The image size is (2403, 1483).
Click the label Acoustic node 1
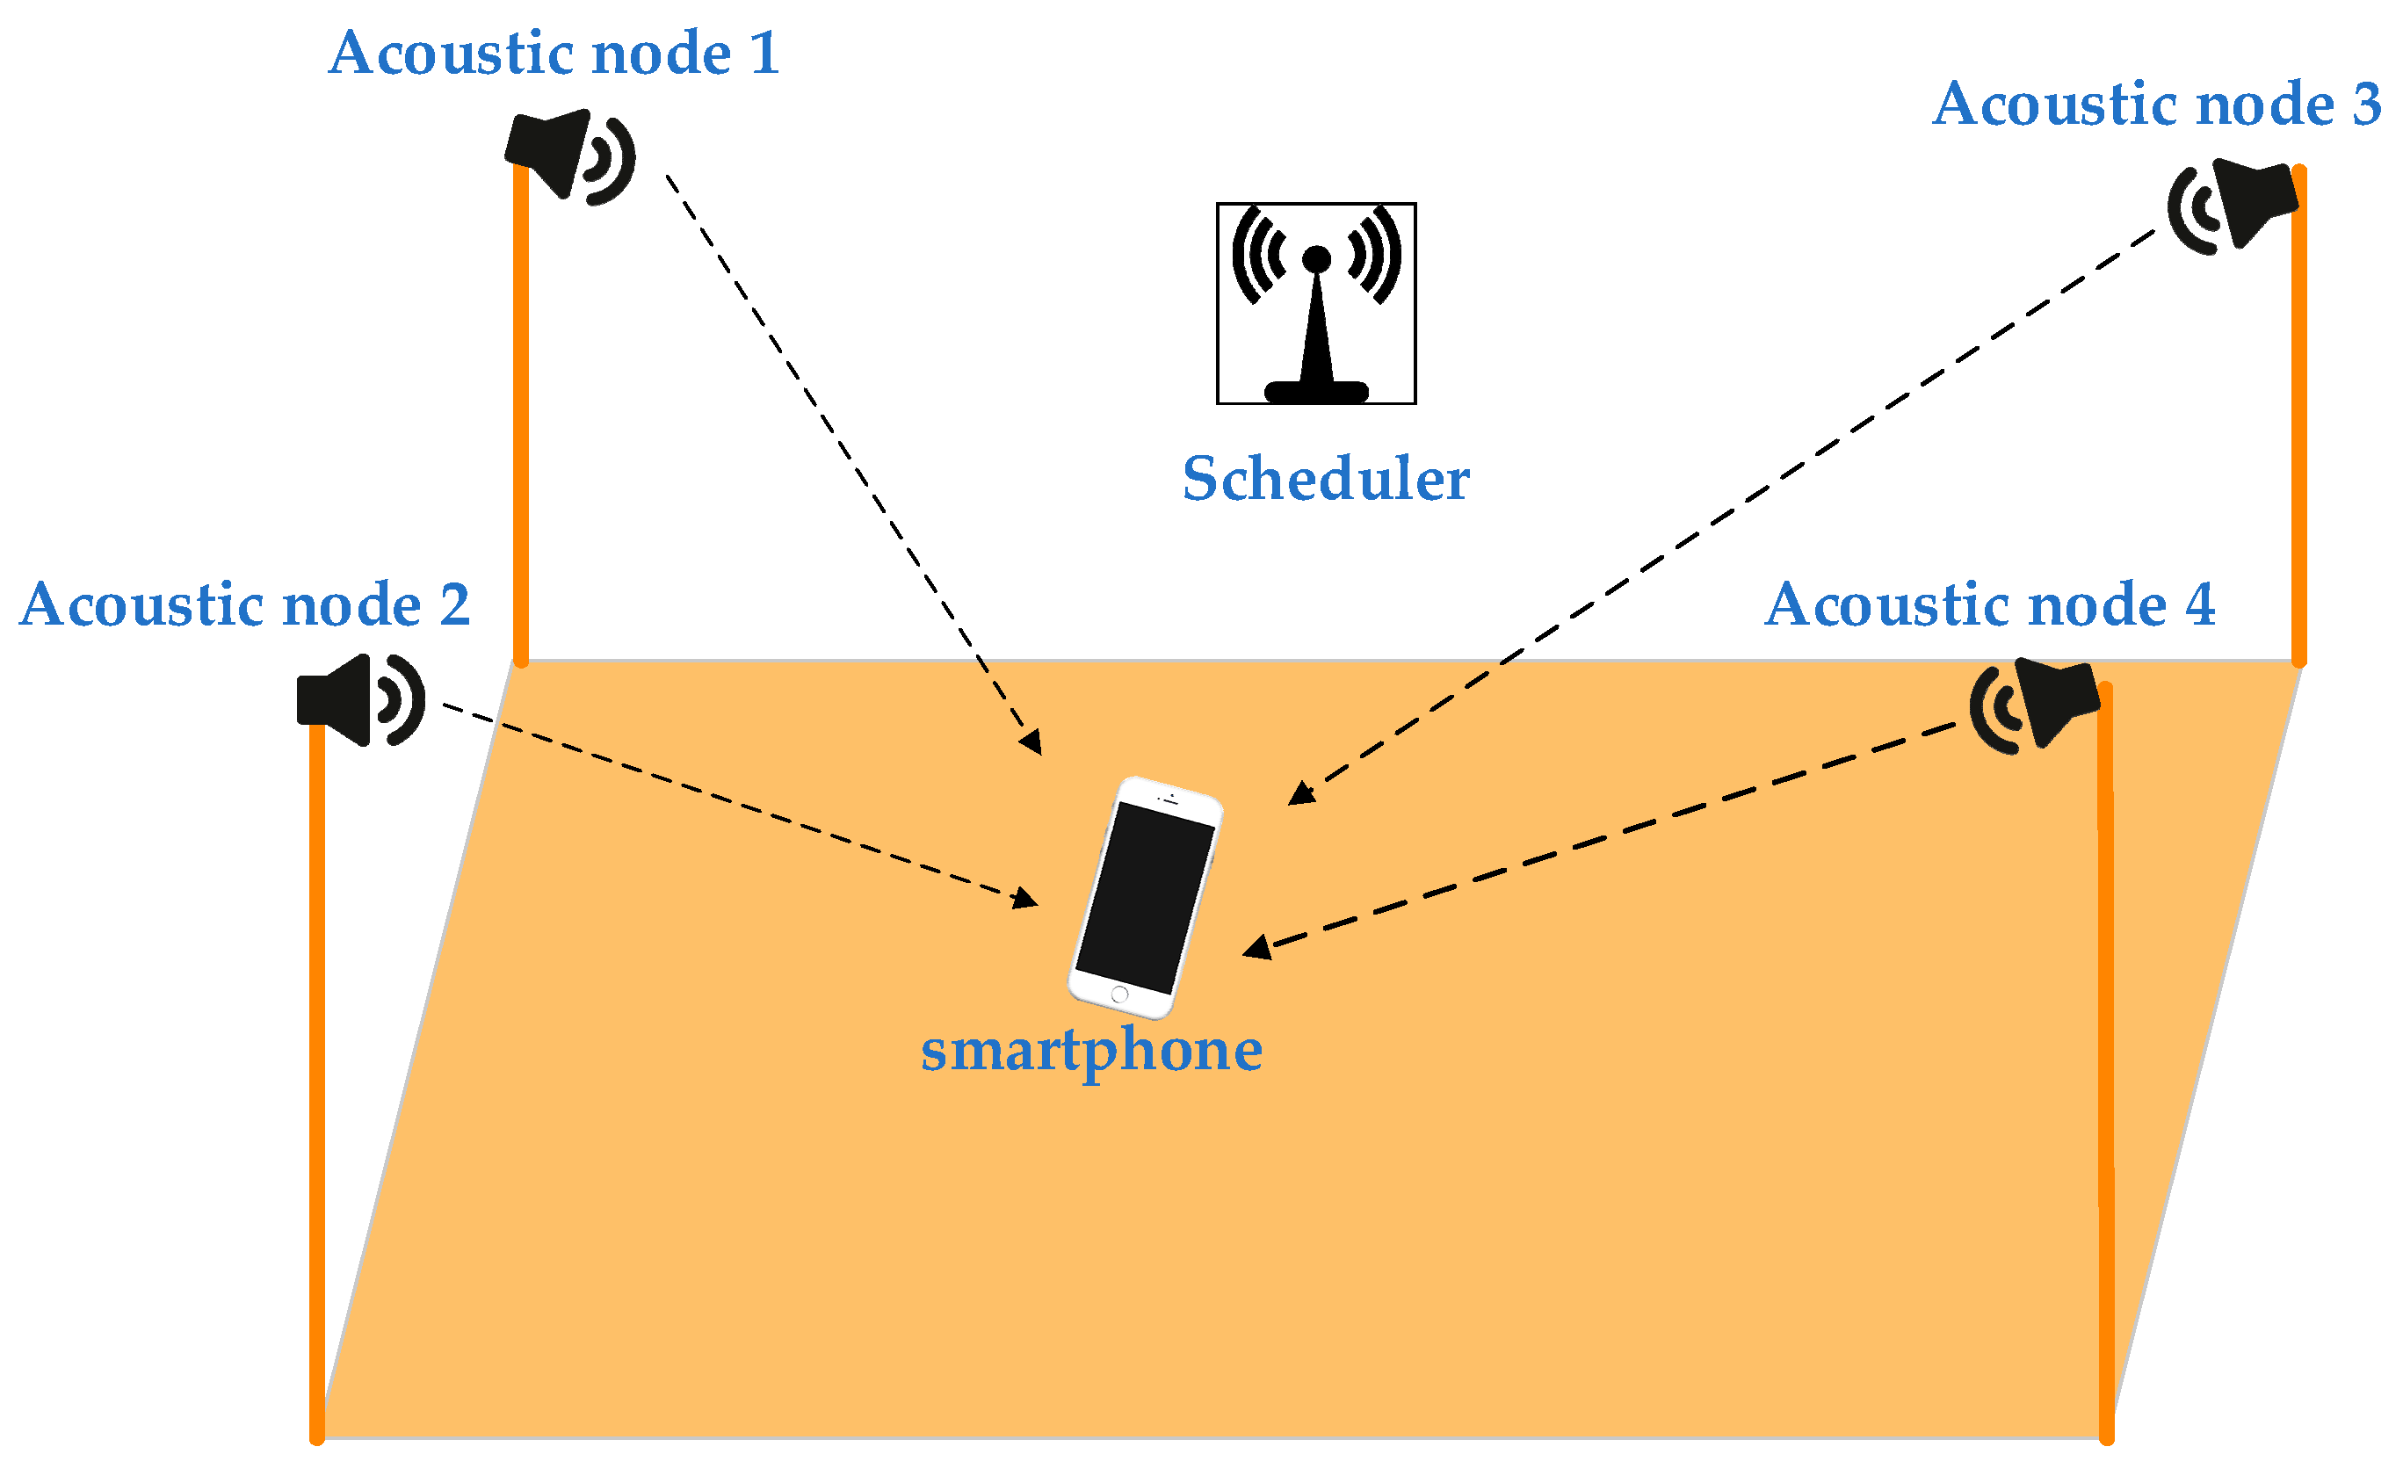click(554, 53)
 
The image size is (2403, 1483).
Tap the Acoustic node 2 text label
click(244, 604)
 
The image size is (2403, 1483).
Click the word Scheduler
click(1325, 480)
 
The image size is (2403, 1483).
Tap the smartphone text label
click(1090, 1052)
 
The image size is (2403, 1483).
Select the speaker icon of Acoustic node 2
click(358, 700)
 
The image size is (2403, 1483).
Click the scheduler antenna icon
click(1315, 303)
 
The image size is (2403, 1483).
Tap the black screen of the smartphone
click(1144, 899)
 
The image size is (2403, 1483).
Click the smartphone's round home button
click(1119, 995)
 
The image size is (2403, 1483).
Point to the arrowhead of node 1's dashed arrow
click(1031, 743)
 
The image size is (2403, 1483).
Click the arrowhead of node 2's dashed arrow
click(1026, 900)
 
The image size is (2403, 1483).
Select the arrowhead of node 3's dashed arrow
click(1299, 793)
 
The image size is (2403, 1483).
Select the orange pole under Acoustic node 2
click(317, 1079)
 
